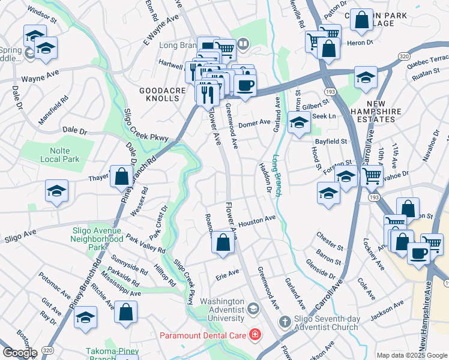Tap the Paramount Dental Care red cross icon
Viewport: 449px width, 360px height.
point(255,334)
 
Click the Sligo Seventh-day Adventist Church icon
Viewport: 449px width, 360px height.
point(285,322)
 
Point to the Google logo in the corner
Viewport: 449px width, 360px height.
point(19,353)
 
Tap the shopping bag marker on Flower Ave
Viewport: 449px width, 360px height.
point(223,244)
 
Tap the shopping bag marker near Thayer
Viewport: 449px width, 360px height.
point(121,177)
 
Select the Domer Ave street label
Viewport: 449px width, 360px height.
point(255,123)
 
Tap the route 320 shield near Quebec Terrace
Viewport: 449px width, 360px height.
point(403,56)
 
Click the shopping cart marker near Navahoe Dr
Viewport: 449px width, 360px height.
point(372,176)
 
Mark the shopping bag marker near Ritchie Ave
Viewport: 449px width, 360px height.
point(125,312)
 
